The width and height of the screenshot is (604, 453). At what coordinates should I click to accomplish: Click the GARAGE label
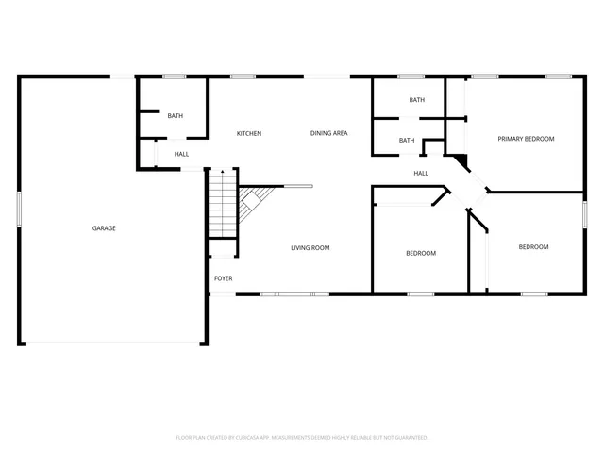104,228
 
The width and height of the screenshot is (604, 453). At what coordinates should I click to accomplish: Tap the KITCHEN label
249,133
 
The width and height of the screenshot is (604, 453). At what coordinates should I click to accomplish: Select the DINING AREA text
328,133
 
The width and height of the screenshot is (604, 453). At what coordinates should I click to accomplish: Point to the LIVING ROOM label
310,248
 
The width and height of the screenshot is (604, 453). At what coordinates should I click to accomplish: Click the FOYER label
223,278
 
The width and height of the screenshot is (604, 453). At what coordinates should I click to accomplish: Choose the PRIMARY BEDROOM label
526,139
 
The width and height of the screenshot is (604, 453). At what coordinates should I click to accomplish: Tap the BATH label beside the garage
175,116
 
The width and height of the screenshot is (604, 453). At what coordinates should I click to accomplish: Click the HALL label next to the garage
181,154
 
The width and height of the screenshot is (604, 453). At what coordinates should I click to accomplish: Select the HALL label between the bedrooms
421,173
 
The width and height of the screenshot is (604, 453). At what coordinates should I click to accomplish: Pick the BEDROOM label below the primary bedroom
533,247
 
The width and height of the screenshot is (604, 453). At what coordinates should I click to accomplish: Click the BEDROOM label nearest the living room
421,253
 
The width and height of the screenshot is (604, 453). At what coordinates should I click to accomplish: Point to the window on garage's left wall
19,209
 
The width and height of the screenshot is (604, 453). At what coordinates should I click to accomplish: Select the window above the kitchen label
243,76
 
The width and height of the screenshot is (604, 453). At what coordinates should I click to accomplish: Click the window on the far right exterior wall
584,213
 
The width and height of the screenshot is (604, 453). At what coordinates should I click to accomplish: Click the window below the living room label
295,294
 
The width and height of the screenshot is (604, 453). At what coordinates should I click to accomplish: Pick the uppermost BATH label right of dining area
416,100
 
